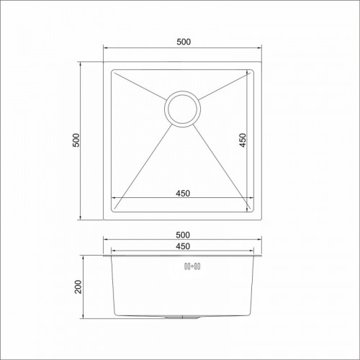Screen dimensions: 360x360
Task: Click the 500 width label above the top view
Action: (x=184, y=42)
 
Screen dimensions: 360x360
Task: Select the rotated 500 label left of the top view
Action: (x=76, y=140)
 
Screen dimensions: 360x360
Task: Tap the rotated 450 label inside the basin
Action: (x=243, y=140)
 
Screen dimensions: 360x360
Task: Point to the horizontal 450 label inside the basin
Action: (x=183, y=193)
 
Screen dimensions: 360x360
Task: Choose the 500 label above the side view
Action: (x=183, y=235)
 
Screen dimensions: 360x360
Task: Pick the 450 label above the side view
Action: (x=183, y=246)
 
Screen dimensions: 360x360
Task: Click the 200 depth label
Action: (x=78, y=287)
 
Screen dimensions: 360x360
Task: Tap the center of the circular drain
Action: (x=182, y=109)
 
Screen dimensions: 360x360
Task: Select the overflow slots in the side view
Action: (x=192, y=266)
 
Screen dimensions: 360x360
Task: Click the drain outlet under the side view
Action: (x=182, y=318)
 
